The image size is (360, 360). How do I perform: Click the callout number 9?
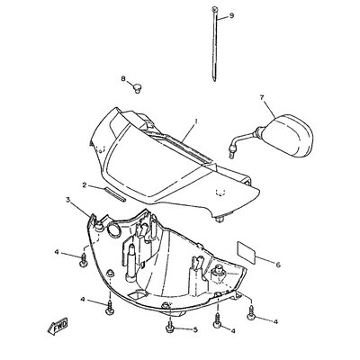[x=231, y=15]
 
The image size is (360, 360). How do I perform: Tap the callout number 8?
[x=123, y=78]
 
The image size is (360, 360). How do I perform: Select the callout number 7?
[x=263, y=97]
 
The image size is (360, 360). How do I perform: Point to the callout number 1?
[x=196, y=121]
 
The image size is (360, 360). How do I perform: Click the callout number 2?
[x=85, y=185]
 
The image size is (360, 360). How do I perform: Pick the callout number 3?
[x=68, y=200]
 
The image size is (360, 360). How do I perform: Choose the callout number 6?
[x=278, y=265]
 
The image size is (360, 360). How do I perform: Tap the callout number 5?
[x=195, y=330]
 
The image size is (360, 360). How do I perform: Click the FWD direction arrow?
[x=58, y=326]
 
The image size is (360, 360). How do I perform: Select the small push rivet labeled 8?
[x=138, y=87]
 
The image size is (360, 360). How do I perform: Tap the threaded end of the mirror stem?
[x=231, y=155]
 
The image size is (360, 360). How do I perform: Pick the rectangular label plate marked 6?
[x=247, y=252]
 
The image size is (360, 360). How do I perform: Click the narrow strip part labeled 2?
[x=115, y=194]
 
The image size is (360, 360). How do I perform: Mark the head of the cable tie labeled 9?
[x=215, y=9]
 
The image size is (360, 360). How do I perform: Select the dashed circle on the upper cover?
[x=220, y=192]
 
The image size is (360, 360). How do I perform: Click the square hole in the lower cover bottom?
[x=137, y=294]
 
